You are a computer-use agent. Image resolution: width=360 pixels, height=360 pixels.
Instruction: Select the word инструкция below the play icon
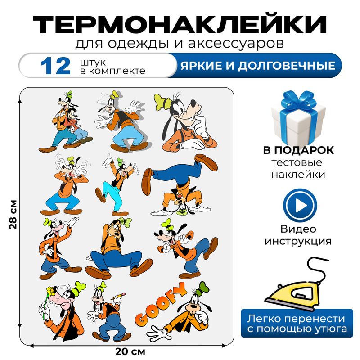[298, 241]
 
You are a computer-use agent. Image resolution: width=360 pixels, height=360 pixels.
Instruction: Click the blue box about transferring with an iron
[298, 323]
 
